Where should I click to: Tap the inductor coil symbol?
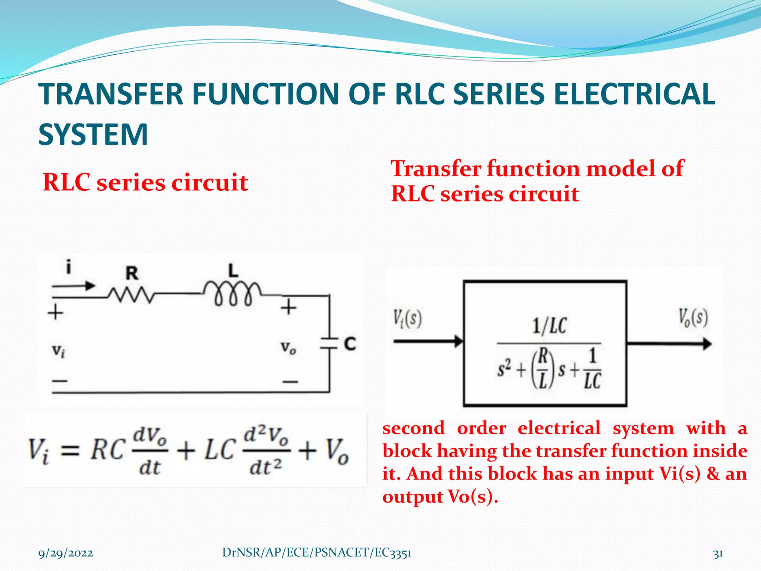click(233, 293)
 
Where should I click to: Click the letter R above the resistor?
click(132, 274)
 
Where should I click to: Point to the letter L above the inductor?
click(233, 271)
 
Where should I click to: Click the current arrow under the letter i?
click(74, 286)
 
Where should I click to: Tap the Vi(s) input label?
click(408, 319)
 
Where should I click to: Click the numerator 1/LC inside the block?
click(549, 326)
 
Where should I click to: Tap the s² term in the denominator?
click(504, 369)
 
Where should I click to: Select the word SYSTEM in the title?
click(93, 134)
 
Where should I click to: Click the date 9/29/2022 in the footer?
click(66, 554)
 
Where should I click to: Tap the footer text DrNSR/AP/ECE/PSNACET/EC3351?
click(317, 553)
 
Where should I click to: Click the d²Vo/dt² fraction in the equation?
click(266, 452)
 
